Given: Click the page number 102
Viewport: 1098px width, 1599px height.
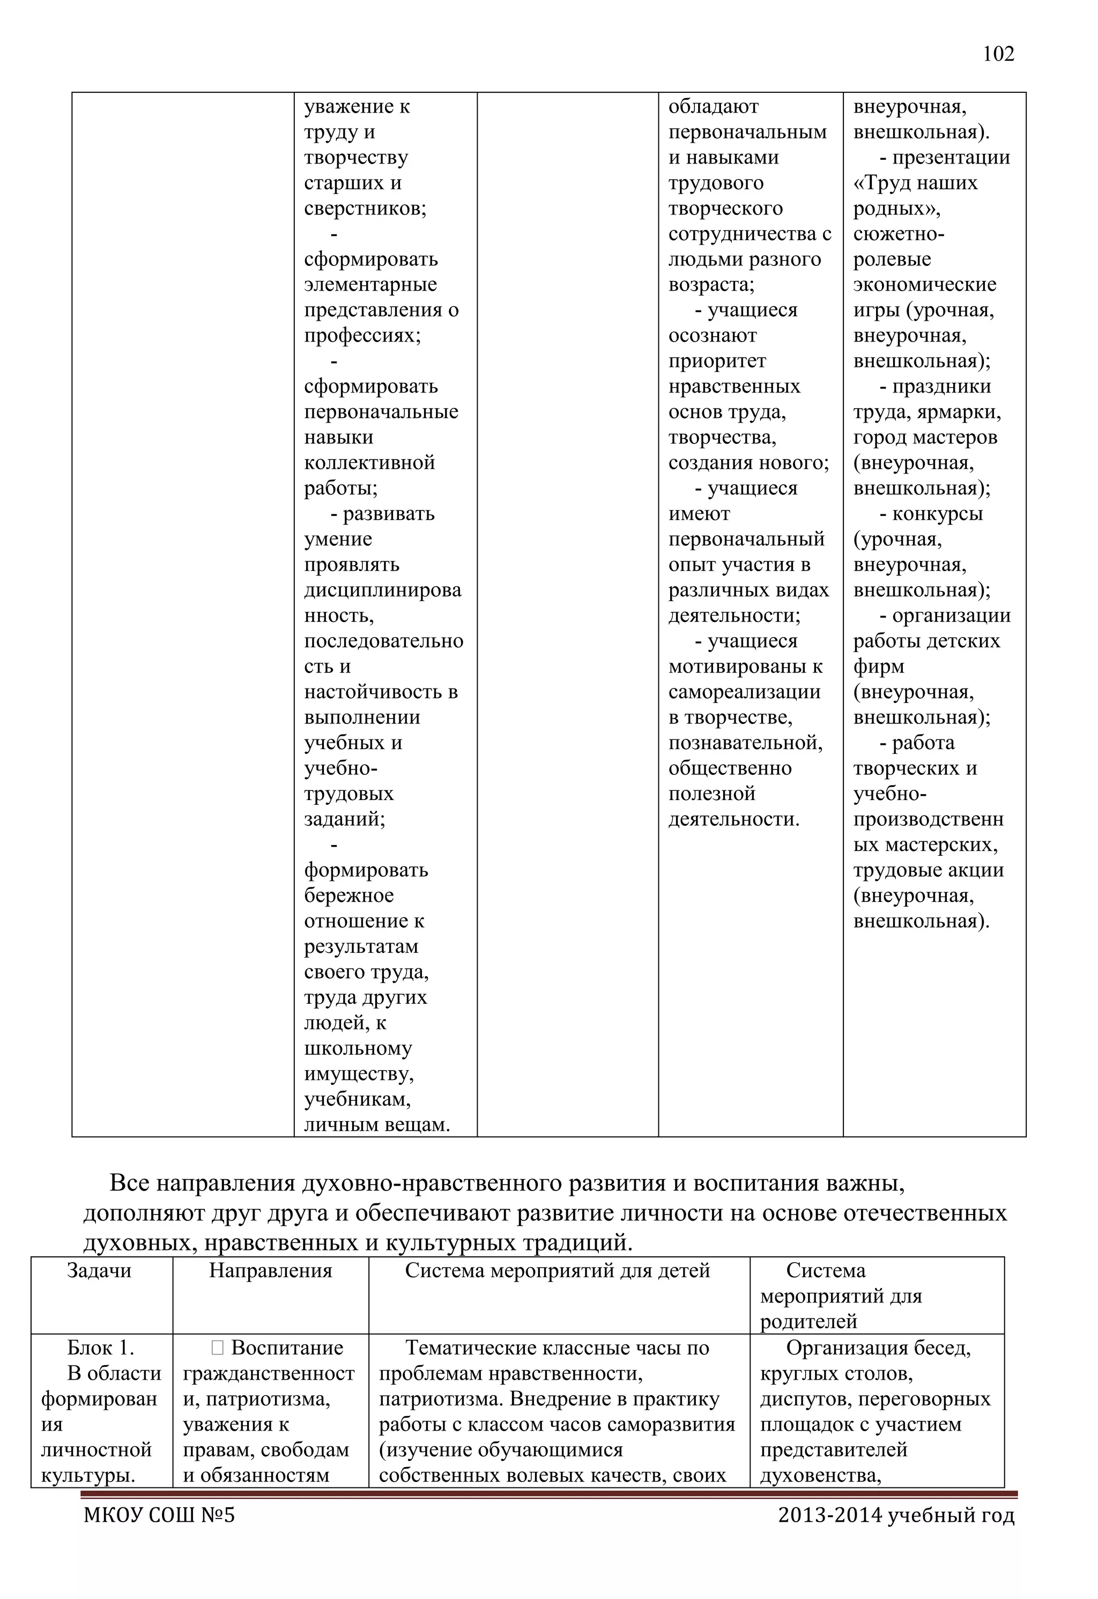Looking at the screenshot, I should (x=998, y=54).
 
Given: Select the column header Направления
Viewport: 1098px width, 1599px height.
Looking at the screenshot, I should (x=270, y=1270).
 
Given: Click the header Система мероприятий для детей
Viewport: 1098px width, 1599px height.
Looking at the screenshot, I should (x=557, y=1270).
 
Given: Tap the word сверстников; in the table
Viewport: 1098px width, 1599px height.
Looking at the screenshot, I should (x=365, y=208).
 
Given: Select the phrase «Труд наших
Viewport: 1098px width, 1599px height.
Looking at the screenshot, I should (x=915, y=182).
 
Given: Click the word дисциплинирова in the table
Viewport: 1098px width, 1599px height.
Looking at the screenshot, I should (x=382, y=590).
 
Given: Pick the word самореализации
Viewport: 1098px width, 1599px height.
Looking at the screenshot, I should (x=744, y=692).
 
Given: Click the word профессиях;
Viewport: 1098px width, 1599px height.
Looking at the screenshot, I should (x=362, y=335).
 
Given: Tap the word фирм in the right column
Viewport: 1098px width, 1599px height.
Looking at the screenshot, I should (x=879, y=666).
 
